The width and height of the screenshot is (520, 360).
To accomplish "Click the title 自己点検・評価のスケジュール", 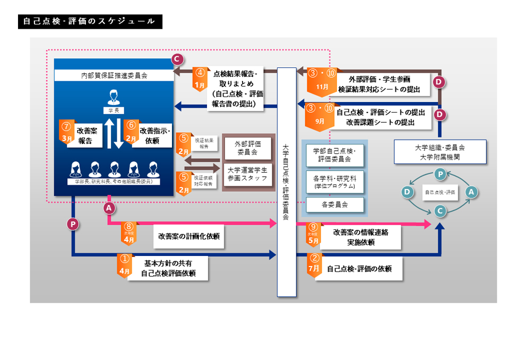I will pyautogui.click(x=90, y=22).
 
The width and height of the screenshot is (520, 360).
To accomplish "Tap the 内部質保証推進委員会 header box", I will pyautogui.click(x=114, y=76).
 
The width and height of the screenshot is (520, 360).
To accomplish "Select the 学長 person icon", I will pyautogui.click(x=114, y=98).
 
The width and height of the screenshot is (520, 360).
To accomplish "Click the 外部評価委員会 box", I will pyautogui.click(x=247, y=148).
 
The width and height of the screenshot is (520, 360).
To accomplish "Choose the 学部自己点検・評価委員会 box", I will pyautogui.click(x=334, y=155).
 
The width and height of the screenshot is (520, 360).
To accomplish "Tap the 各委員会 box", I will pyautogui.click(x=334, y=204).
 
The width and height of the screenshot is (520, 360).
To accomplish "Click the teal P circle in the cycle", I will pyautogui.click(x=439, y=174).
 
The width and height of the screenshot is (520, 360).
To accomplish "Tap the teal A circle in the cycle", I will pyautogui.click(x=470, y=192).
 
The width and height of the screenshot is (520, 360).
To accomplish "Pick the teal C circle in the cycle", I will pyautogui.click(x=439, y=210).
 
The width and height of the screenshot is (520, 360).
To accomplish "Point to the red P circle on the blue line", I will pyautogui.click(x=73, y=225).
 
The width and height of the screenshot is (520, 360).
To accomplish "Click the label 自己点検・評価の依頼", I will pyautogui.click(x=359, y=269).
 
